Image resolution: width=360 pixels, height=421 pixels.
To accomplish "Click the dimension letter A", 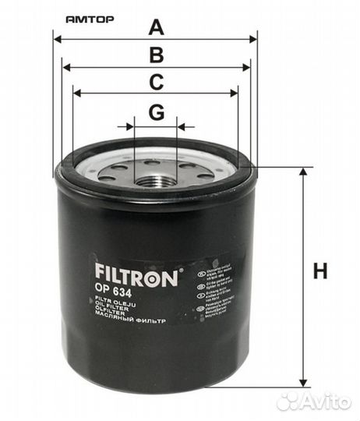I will (x=157, y=28).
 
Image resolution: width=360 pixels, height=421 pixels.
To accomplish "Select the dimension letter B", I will (x=157, y=55).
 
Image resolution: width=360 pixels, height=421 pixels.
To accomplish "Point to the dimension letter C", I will (x=157, y=82).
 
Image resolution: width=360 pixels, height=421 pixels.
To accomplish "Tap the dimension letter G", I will (x=157, y=112).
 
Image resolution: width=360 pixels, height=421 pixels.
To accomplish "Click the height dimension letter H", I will (x=320, y=272).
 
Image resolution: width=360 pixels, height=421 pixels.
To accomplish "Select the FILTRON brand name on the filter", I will (x=136, y=274).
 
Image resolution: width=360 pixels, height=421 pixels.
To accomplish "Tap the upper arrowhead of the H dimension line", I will (x=302, y=172).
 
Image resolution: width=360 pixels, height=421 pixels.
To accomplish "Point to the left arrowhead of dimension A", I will (x=57, y=38).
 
